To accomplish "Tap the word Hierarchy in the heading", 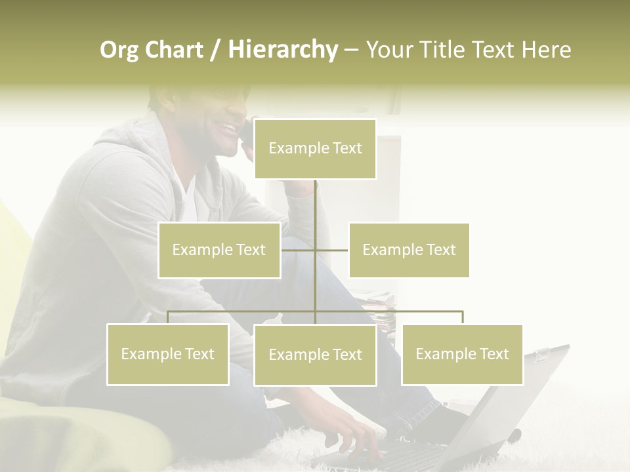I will coord(283,50).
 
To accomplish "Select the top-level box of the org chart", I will coord(315,149).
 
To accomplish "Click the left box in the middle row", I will coord(219,250).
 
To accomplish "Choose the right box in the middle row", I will coord(409,250).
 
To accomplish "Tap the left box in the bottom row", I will coord(168,354).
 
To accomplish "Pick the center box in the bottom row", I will coord(315,355).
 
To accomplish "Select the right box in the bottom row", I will coord(462,354).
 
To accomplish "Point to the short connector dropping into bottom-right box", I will coord(462,317).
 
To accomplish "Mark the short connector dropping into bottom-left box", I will coord(168,317).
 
